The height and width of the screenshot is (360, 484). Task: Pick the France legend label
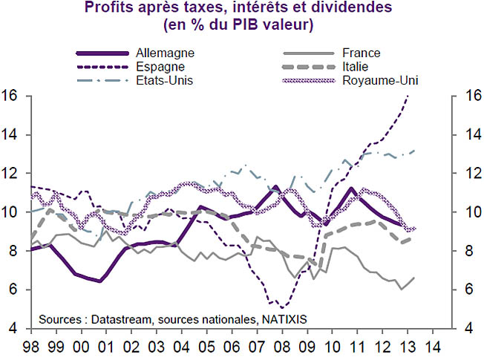point(362,53)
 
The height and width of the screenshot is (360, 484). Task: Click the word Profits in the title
point(107,9)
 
